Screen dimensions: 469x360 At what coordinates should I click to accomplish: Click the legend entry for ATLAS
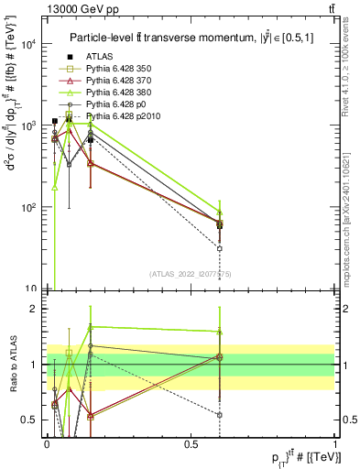click(101, 55)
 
